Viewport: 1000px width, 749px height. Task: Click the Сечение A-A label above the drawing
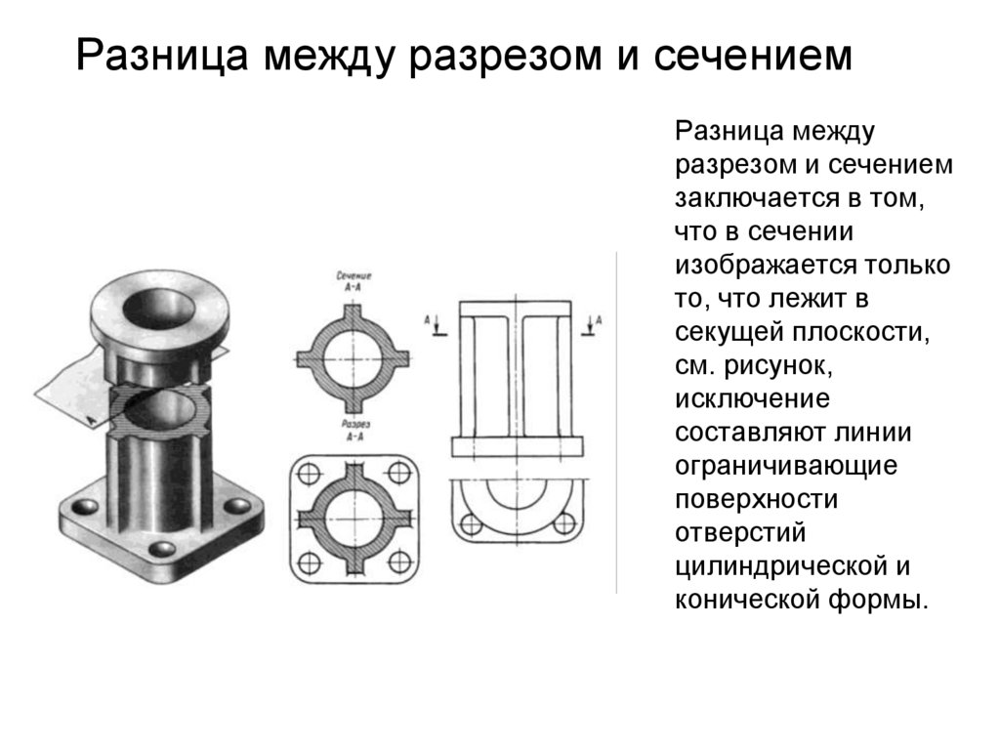(x=354, y=281)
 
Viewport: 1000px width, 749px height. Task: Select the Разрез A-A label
(x=354, y=431)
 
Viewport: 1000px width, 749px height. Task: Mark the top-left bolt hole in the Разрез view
(x=309, y=474)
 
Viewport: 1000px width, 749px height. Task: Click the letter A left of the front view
(x=428, y=318)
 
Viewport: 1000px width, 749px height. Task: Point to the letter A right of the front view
(x=598, y=318)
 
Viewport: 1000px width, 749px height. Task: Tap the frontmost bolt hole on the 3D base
(x=159, y=549)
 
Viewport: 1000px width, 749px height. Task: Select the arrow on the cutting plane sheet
(x=90, y=417)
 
